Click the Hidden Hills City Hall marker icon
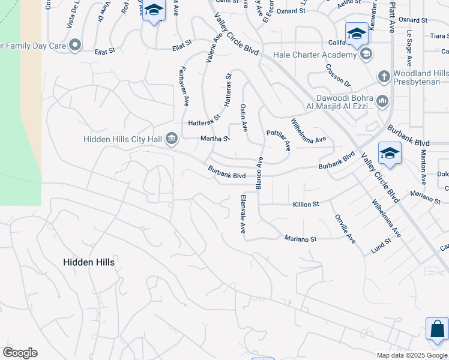(172, 140)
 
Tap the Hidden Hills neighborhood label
(89, 262)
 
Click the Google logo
(20, 353)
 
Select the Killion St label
(306, 205)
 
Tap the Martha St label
(215, 139)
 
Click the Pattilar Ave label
(279, 139)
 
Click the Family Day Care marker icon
(75, 44)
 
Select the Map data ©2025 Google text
(412, 355)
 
